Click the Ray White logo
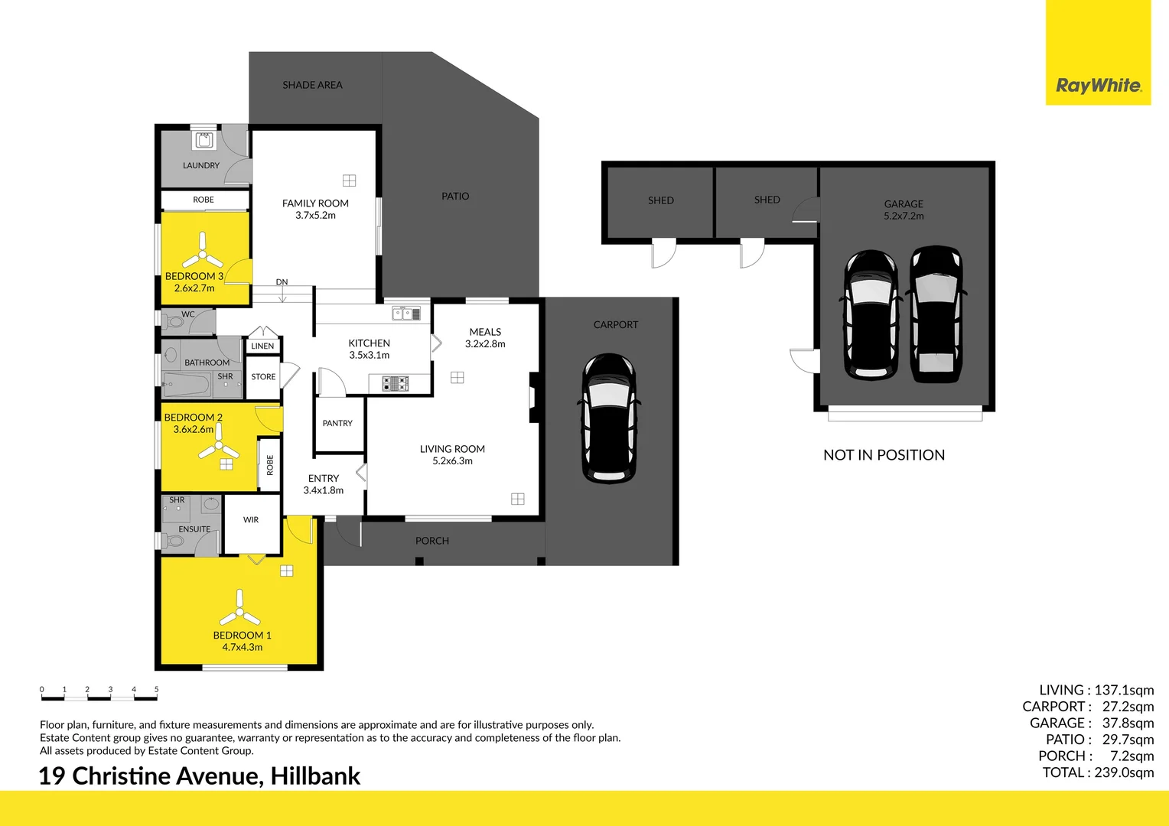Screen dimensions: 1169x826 pyautogui.click(x=1098, y=52)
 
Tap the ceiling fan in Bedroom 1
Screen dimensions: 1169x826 pyautogui.click(x=239, y=609)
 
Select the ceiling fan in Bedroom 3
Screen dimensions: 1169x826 pyautogui.click(x=202, y=251)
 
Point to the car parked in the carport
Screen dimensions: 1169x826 pyautogui.click(x=609, y=418)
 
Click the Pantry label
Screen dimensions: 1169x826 pyautogui.click(x=337, y=423)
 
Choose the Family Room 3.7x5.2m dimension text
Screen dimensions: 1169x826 pyautogui.click(x=315, y=215)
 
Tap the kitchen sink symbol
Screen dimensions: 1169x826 pyautogui.click(x=406, y=314)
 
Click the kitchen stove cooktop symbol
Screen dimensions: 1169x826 pyautogui.click(x=395, y=384)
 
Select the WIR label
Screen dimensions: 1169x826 pyautogui.click(x=251, y=520)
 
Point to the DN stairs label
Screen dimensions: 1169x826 pyautogui.click(x=282, y=281)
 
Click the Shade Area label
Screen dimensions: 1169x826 pyautogui.click(x=313, y=85)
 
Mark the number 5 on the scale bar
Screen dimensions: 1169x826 pyautogui.click(x=157, y=689)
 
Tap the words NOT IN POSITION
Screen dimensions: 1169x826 pyautogui.click(x=884, y=455)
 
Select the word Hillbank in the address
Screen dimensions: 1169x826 pyautogui.click(x=314, y=776)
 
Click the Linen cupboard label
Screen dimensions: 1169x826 pyautogui.click(x=262, y=346)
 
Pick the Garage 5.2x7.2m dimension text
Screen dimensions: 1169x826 pyautogui.click(x=904, y=216)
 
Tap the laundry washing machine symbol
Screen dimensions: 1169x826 pyautogui.click(x=204, y=141)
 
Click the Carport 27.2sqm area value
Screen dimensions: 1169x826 pyautogui.click(x=1128, y=707)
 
